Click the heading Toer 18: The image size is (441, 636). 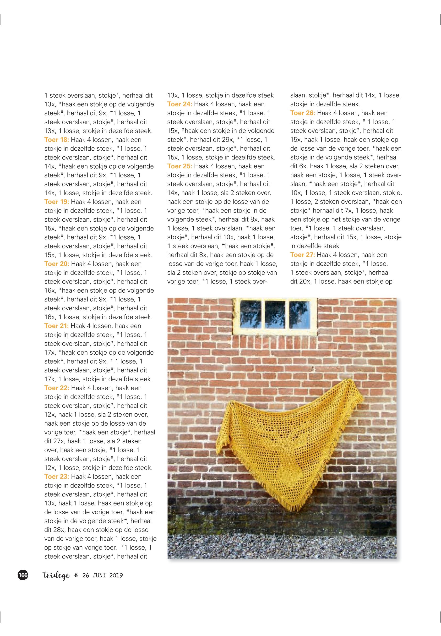click(56, 140)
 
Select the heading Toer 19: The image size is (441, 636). click(56, 202)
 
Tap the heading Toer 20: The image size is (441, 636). click(56, 264)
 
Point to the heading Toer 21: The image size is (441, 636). click(56, 326)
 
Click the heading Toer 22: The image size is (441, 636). click(56, 388)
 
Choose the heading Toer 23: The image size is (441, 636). click(56, 477)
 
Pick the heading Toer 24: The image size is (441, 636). click(179, 104)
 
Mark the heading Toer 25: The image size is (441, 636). click(179, 166)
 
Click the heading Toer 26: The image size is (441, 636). click(302, 113)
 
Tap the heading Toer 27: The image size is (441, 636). click(302, 255)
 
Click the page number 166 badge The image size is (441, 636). click(23, 575)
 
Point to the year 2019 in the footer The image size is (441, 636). click(116, 576)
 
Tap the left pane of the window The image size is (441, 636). click(250, 314)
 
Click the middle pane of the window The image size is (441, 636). click(275, 314)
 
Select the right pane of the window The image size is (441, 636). click(299, 314)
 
